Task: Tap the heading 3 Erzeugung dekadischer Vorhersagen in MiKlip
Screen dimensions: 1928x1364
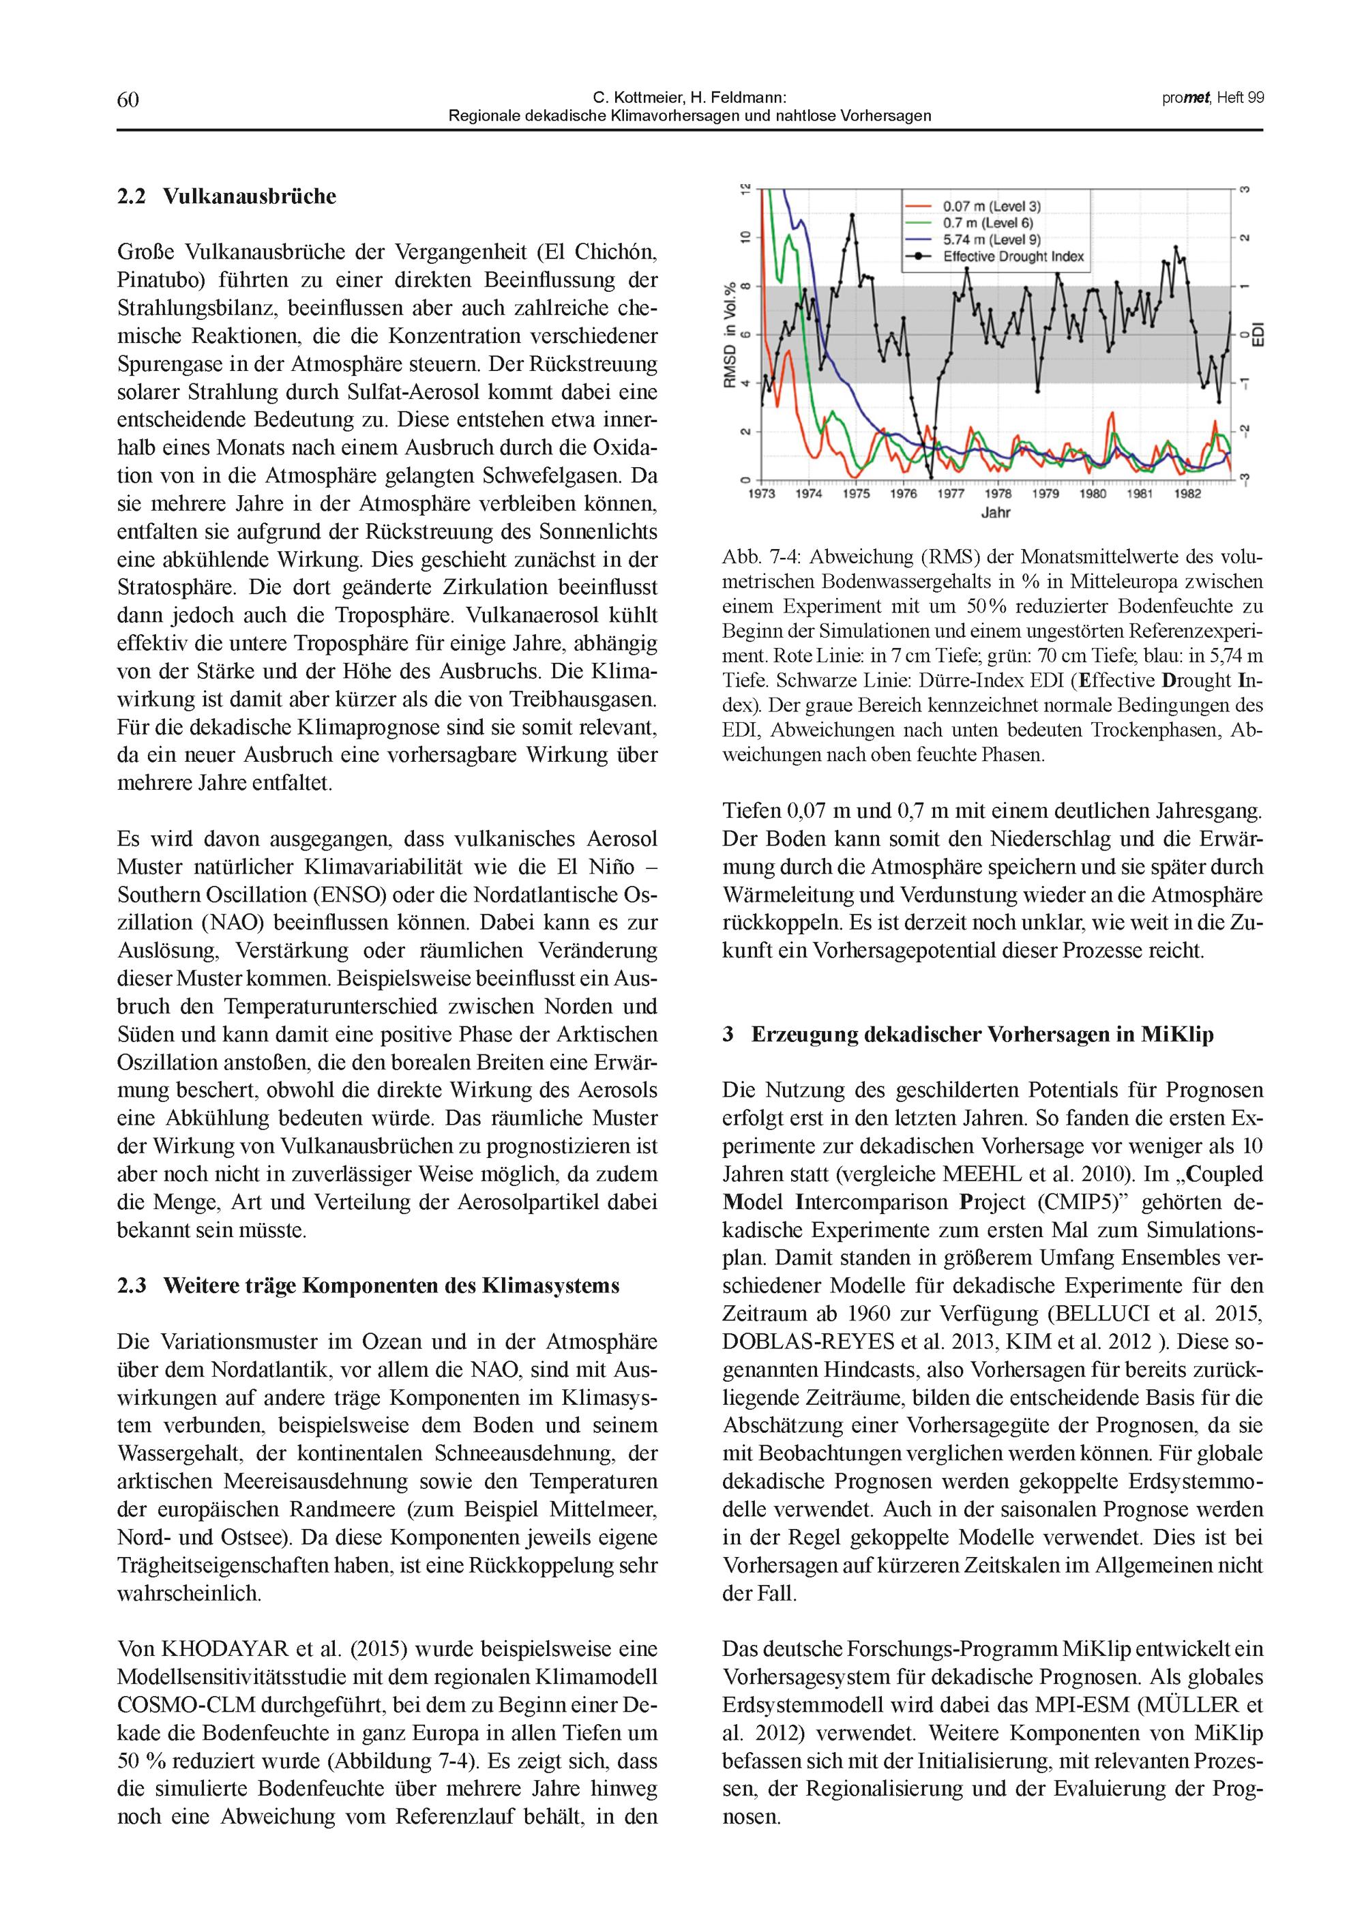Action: [x=968, y=1035]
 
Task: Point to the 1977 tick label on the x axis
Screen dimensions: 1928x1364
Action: [x=951, y=494]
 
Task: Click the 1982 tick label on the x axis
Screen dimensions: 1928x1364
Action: [x=1187, y=494]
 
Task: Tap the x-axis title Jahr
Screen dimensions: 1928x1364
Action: [x=996, y=512]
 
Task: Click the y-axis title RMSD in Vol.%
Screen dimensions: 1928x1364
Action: [x=730, y=336]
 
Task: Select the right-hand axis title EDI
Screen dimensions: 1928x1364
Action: [x=1259, y=335]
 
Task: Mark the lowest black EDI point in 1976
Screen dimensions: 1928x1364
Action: [x=931, y=479]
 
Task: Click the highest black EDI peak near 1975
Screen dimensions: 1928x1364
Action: [x=853, y=216]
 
